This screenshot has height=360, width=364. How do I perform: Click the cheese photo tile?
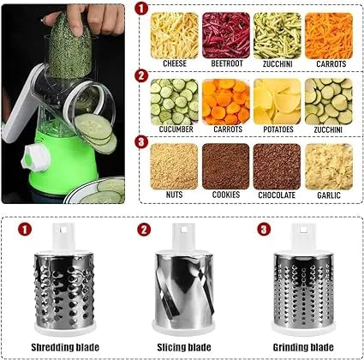174,34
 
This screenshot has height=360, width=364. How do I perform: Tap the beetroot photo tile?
226,34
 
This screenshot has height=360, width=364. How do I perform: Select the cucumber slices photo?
174,101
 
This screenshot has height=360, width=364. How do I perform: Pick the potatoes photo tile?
277,101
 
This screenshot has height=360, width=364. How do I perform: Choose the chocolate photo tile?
277,165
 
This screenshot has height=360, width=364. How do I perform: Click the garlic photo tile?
329,165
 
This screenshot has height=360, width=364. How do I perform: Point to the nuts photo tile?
174,165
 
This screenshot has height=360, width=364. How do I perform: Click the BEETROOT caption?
226,63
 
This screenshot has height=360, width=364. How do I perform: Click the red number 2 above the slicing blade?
145,230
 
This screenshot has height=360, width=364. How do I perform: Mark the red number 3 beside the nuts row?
141,141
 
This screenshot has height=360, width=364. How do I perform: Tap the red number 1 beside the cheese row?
141,8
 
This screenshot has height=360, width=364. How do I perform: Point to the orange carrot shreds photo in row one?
329,34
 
